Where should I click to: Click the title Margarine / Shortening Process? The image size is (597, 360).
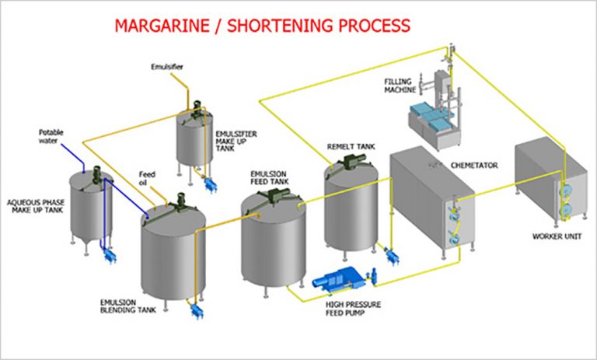[x=262, y=26]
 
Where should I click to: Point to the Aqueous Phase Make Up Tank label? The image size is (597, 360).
[x=34, y=207]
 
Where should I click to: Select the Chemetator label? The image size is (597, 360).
[x=474, y=166]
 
